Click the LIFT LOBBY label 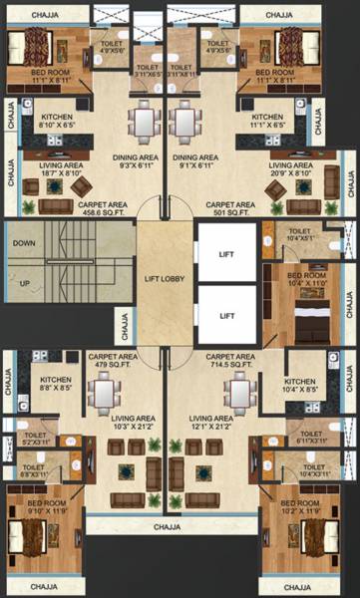(167, 282)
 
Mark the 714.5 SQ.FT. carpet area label (230, 363)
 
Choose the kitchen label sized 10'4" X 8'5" (299, 388)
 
